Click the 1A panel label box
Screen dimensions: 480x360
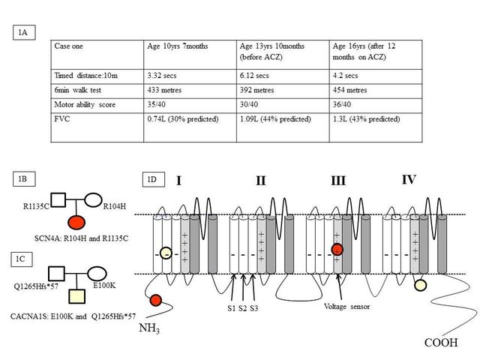click(24, 32)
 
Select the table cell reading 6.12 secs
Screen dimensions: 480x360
click(283, 76)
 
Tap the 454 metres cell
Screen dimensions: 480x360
click(376, 91)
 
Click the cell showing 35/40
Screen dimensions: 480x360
click(190, 105)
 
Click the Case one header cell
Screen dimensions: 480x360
click(97, 55)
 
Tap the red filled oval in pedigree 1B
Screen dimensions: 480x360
click(76, 222)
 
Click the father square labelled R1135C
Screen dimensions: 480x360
click(58, 200)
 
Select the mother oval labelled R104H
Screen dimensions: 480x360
click(93, 200)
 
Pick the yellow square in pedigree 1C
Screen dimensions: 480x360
click(76, 296)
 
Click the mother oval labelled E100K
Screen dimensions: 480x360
click(97, 274)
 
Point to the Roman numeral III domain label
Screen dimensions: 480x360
click(338, 181)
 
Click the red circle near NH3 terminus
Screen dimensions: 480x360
click(156, 300)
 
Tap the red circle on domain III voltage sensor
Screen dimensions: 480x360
click(337, 250)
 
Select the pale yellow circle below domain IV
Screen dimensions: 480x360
click(420, 285)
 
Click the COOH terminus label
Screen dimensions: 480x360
click(441, 343)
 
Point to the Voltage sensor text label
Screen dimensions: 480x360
click(346, 307)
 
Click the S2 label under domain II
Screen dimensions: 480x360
click(242, 308)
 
